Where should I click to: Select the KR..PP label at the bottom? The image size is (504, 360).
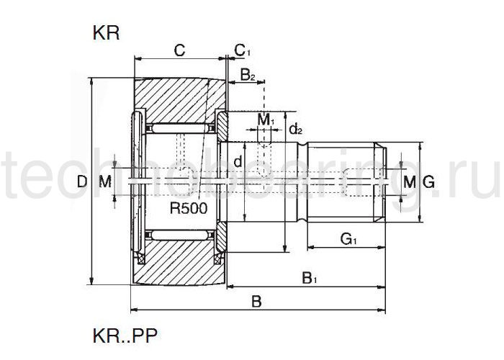[x=125, y=335]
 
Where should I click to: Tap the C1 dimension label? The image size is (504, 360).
[x=243, y=50]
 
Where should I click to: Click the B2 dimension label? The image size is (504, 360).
[x=248, y=74]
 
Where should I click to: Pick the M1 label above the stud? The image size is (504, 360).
[x=266, y=118]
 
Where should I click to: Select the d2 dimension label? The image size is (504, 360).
[x=295, y=130]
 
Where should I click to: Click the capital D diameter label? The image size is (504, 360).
[x=81, y=183]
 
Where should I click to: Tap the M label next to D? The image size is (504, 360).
[x=105, y=183]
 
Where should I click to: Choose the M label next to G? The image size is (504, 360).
[x=409, y=183]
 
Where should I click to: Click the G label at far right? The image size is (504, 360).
[x=428, y=183]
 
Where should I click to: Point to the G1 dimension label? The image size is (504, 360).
[x=350, y=238]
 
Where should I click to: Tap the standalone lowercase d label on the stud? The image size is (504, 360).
[x=238, y=162]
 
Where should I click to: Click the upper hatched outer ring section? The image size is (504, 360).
[x=176, y=98]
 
